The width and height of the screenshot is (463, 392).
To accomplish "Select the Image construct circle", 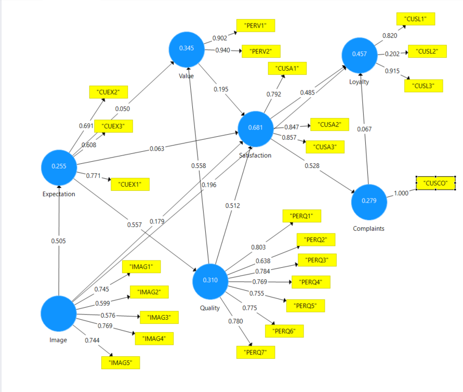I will point(59,313).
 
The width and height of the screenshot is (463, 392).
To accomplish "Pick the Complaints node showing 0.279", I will point(369,201).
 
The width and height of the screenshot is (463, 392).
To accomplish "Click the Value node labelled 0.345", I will point(187,48).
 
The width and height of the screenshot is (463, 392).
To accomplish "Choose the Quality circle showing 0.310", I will point(210,281).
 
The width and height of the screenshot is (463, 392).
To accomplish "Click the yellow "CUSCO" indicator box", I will point(435,182).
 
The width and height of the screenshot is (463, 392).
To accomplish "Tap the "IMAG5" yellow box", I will point(121,362).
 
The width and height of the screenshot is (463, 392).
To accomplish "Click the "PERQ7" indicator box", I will point(256,352).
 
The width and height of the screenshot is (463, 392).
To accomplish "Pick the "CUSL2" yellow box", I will point(427,51).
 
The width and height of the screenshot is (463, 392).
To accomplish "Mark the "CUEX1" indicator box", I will point(130,184).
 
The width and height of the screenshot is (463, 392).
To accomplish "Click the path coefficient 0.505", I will point(59,241).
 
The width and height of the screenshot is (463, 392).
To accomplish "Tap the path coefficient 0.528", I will point(312,166).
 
